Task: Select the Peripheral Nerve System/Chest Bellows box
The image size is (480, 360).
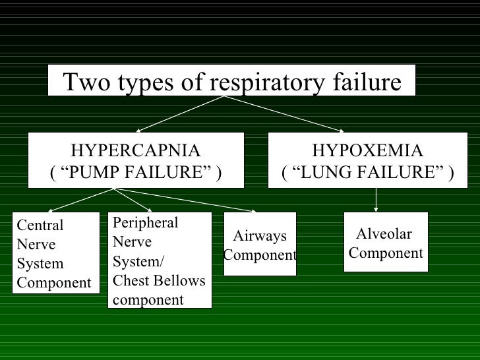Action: point(160,260)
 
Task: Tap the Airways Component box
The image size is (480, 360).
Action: point(260,244)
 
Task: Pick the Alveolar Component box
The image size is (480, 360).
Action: point(386,242)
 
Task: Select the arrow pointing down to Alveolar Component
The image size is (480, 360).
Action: point(376,199)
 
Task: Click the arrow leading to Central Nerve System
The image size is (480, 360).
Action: point(79,200)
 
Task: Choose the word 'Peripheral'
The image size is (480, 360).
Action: point(146,222)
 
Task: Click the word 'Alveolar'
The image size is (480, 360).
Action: point(384,234)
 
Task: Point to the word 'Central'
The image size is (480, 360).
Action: point(40,225)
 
